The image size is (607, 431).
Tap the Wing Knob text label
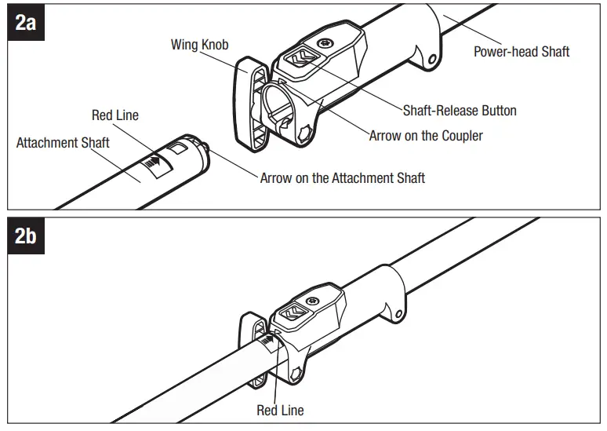[x=199, y=45]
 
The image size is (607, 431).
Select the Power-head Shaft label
[x=522, y=52]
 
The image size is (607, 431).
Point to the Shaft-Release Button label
[x=460, y=110]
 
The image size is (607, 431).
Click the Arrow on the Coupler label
[x=426, y=136]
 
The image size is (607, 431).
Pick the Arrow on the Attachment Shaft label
[x=342, y=178]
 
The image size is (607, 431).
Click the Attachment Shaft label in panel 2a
[x=64, y=143]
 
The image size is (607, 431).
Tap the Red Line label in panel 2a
[x=115, y=115]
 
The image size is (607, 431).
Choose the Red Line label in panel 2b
[x=280, y=410]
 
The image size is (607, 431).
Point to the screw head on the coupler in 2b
[x=314, y=300]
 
